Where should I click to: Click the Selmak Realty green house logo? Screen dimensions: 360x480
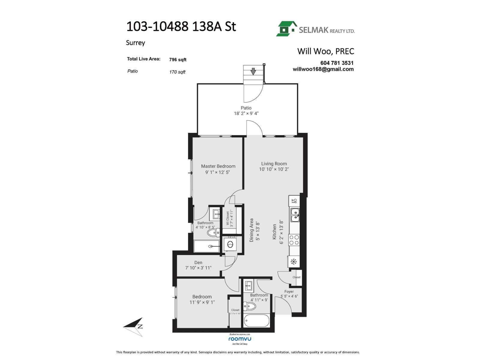click(286, 29)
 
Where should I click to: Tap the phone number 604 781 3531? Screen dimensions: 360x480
click(337, 63)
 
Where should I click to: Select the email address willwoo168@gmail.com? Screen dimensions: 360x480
click(323, 69)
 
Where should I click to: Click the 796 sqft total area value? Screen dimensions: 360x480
click(178, 60)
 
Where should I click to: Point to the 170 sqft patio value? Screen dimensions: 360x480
click(177, 72)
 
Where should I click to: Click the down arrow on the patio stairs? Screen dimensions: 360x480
click(253, 71)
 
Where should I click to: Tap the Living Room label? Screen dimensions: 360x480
click(274, 164)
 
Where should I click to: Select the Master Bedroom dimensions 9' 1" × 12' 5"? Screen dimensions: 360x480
click(217, 172)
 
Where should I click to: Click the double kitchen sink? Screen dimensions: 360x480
click(295, 215)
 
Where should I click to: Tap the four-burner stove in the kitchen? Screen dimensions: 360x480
click(294, 240)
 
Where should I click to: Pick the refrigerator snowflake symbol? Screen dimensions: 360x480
click(293, 262)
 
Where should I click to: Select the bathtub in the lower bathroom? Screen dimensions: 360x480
click(256, 321)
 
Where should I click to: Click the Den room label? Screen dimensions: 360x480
click(198, 262)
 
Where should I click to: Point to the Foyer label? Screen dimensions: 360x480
click(289, 292)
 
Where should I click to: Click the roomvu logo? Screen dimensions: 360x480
click(240, 339)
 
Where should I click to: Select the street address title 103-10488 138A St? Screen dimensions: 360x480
click(181, 27)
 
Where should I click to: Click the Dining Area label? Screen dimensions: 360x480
click(252, 230)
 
